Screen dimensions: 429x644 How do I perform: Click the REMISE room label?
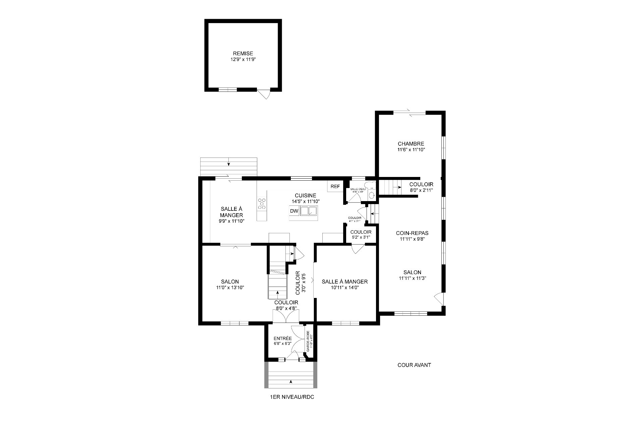click(x=243, y=54)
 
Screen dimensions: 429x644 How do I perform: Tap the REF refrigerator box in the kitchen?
click(x=335, y=187)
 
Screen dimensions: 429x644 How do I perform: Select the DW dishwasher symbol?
click(x=294, y=211)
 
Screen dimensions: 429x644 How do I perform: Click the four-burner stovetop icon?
click(x=262, y=204)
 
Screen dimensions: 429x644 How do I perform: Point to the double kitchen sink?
click(x=309, y=211)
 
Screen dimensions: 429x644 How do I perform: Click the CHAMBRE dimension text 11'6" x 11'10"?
click(x=411, y=150)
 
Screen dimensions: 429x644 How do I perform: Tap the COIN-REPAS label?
click(x=412, y=233)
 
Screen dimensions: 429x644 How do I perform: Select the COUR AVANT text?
click(x=414, y=365)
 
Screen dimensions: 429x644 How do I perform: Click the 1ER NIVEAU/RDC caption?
click(x=292, y=397)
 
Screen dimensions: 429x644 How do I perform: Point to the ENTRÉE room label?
click(x=282, y=339)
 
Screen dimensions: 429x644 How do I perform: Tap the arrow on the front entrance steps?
click(x=291, y=381)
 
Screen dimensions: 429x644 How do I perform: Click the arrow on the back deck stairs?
click(x=229, y=164)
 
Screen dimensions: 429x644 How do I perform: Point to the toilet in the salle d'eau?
click(x=371, y=195)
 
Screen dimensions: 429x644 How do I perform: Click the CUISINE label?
click(x=305, y=196)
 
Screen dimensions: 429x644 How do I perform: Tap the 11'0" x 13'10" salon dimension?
click(x=230, y=288)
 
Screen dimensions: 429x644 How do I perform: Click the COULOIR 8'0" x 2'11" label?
click(x=421, y=187)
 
